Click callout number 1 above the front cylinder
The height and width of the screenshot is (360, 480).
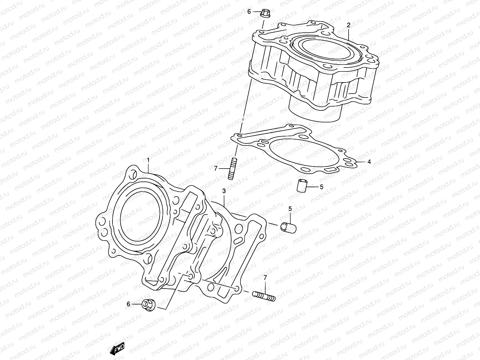[148, 160]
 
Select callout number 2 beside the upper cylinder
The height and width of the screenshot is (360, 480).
[349, 26]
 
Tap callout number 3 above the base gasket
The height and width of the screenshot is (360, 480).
[224, 191]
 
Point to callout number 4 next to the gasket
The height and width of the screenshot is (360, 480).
[369, 162]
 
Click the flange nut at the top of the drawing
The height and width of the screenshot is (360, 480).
[265, 13]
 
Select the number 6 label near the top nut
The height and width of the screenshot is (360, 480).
[249, 12]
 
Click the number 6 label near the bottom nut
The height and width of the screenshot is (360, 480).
[128, 304]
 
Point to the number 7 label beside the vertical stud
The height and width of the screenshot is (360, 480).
[215, 169]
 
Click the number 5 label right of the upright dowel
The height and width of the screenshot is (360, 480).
[321, 187]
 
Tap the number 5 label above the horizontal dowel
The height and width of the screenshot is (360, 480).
[290, 209]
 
